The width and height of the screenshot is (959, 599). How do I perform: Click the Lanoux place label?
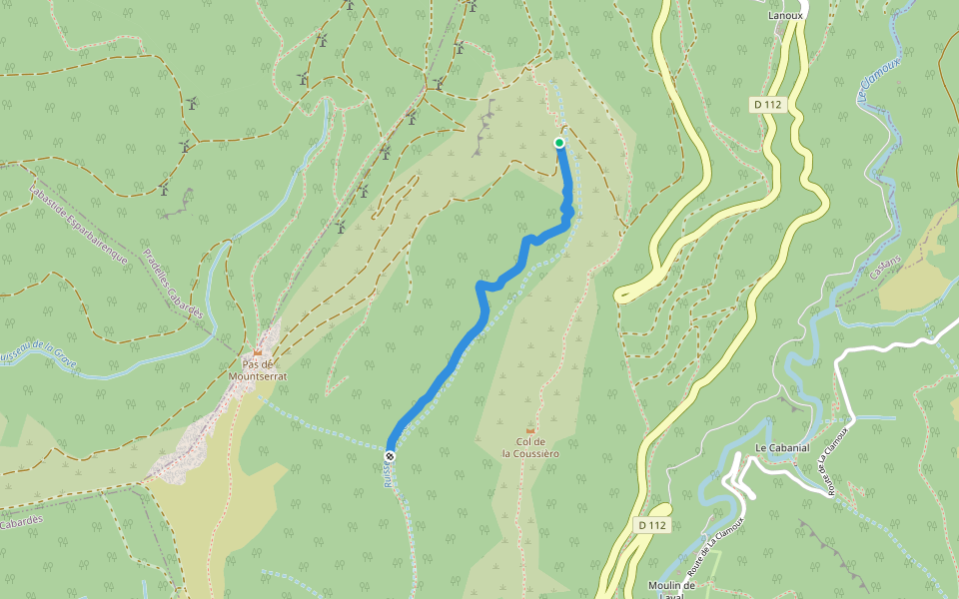click(786, 16)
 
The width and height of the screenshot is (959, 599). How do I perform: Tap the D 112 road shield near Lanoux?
click(767, 104)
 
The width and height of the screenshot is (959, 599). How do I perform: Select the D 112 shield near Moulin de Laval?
click(651, 525)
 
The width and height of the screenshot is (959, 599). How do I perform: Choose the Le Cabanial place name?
click(781, 448)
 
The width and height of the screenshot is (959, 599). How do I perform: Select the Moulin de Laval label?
click(670, 589)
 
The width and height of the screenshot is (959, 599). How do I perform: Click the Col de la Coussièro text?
click(530, 447)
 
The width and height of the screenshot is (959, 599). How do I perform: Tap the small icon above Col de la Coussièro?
click(530, 429)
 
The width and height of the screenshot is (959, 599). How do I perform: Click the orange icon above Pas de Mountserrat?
click(258, 351)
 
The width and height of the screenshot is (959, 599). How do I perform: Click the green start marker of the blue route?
click(559, 143)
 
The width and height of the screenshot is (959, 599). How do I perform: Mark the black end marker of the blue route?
click(390, 456)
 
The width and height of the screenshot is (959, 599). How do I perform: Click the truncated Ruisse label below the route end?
click(387, 476)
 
